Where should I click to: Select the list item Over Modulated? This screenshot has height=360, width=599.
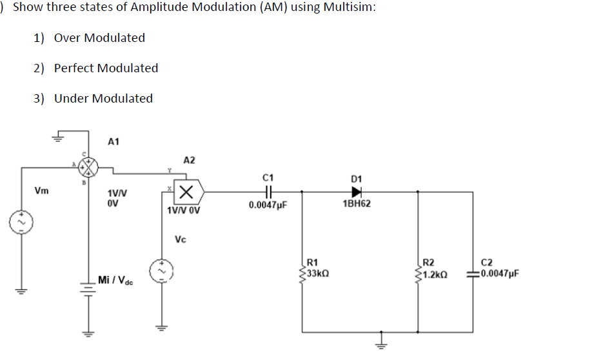point(99,38)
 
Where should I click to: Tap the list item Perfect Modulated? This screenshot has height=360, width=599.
point(106,68)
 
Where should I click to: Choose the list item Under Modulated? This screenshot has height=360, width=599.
point(103,99)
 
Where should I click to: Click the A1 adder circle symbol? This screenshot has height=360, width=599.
point(88,169)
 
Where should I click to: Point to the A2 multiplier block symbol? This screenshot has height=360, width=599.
point(188,192)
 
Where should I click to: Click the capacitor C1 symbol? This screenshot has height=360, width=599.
point(269,192)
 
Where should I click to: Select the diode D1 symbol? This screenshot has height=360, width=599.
point(356,192)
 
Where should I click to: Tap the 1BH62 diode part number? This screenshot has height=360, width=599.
point(357,204)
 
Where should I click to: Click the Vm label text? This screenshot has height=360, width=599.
point(41,192)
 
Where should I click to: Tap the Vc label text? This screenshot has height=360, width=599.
point(181,239)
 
